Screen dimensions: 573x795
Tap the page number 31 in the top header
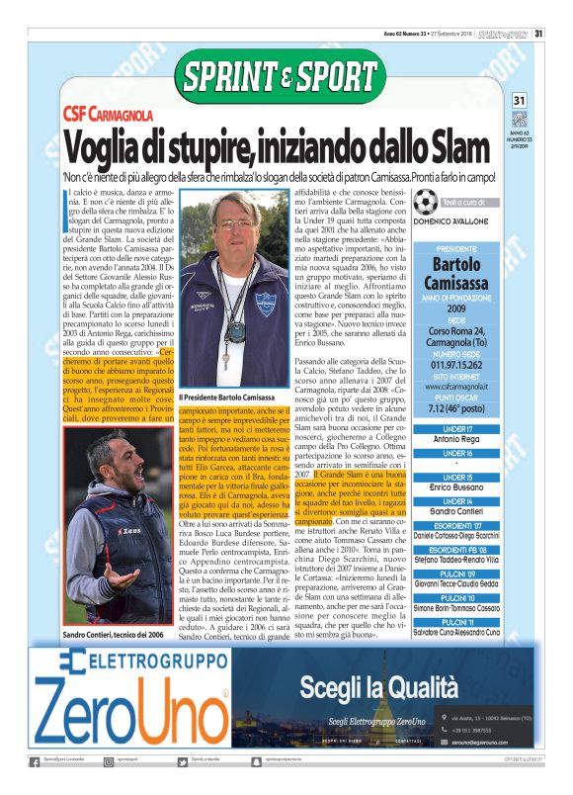click(x=539, y=33)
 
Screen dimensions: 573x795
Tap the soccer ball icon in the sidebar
click(x=426, y=204)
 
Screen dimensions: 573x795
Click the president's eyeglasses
click(x=235, y=225)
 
